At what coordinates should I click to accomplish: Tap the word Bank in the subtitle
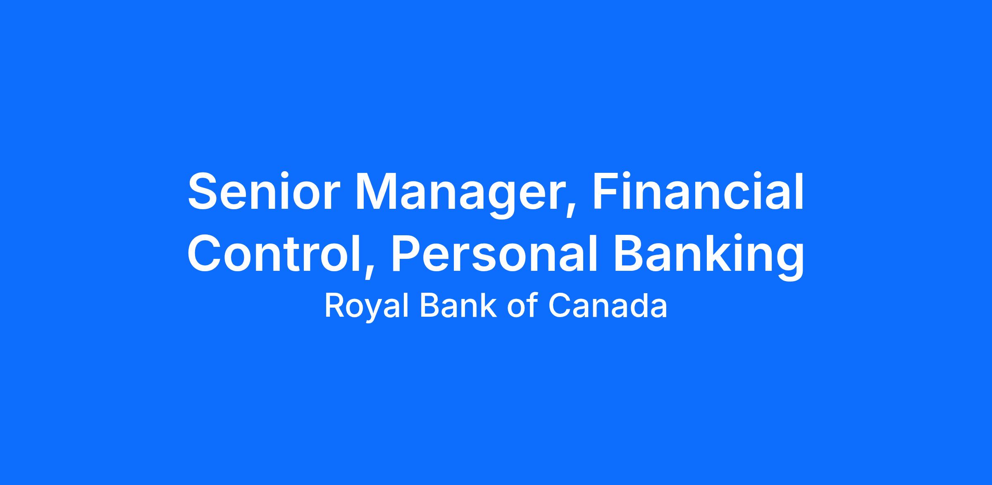click(458, 306)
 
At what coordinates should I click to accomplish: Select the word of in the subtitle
click(522, 306)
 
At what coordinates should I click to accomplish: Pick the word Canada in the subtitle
click(608, 306)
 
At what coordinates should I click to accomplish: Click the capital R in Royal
click(335, 306)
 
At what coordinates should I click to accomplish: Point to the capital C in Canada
click(560, 306)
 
